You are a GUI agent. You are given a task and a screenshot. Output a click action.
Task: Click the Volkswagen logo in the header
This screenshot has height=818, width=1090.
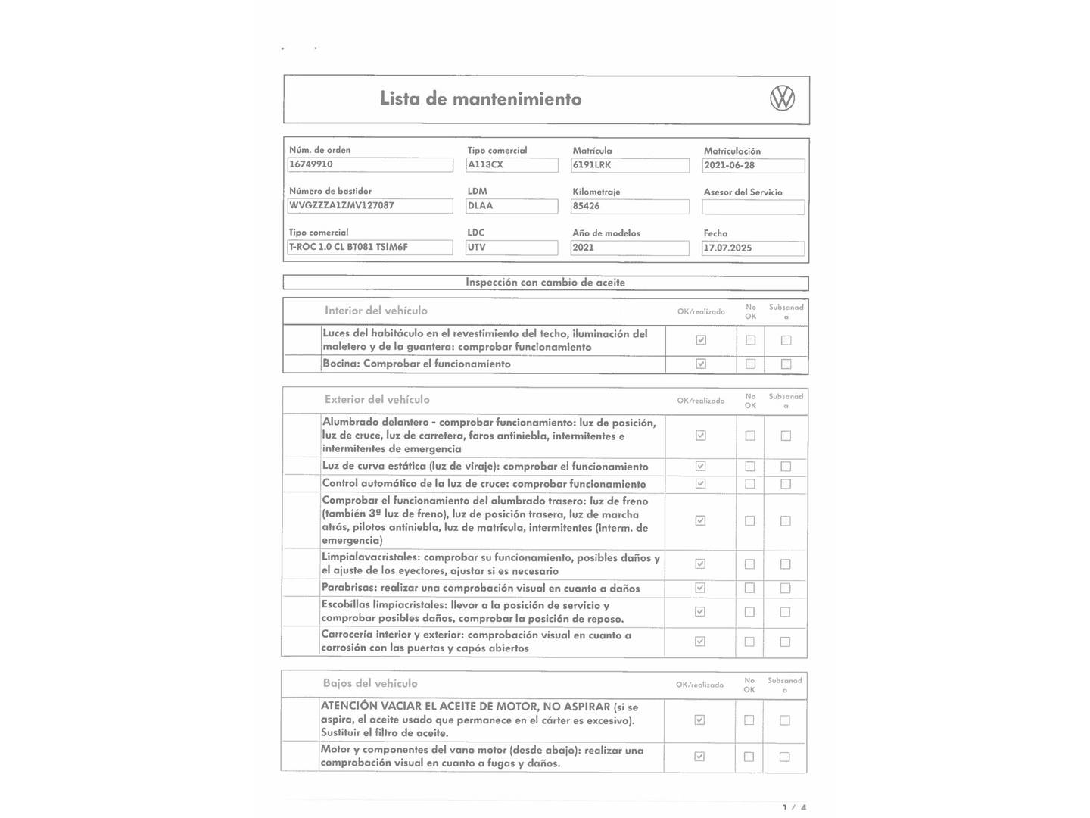(782, 98)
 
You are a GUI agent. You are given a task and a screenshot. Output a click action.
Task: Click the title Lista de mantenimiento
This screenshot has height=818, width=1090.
(481, 99)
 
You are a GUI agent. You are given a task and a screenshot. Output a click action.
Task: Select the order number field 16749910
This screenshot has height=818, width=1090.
(370, 164)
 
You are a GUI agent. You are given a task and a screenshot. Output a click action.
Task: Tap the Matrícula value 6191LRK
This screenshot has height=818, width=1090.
(631, 165)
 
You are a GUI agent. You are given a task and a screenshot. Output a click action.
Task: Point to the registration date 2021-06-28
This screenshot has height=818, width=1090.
(753, 166)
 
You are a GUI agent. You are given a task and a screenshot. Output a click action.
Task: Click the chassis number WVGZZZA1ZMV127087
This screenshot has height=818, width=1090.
(370, 205)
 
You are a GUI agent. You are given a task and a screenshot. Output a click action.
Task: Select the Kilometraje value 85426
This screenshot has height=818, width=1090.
(631, 206)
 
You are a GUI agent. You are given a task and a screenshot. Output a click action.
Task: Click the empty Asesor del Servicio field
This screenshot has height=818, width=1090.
(753, 207)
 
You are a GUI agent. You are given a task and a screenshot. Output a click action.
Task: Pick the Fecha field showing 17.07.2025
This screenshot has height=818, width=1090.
(753, 248)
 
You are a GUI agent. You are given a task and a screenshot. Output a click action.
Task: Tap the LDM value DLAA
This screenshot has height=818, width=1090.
(512, 206)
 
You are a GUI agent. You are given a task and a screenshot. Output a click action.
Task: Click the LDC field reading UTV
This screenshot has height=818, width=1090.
(512, 248)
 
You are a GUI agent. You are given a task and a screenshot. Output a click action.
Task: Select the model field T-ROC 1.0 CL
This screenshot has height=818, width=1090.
(370, 247)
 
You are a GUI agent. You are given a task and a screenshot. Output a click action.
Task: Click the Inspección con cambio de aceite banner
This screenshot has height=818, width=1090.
(545, 283)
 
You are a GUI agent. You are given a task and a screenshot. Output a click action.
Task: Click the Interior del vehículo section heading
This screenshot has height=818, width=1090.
(375, 311)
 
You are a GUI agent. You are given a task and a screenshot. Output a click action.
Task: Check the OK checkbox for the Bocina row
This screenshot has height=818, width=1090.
(701, 364)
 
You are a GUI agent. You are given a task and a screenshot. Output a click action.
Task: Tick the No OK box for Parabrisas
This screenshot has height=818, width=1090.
(750, 588)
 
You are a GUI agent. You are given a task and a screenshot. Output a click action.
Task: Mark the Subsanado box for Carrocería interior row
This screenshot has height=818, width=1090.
(785, 642)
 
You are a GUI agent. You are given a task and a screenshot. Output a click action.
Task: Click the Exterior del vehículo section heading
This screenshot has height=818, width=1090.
(377, 400)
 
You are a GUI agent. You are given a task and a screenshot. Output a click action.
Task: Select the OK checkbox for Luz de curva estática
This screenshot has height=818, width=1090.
(701, 466)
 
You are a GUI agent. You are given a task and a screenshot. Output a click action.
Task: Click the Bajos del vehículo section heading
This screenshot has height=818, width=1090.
(370, 683)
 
